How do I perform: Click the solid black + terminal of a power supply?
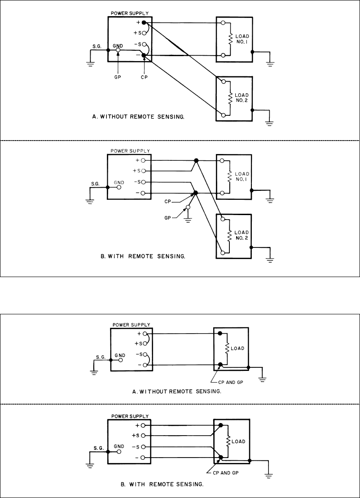(x=144, y=22)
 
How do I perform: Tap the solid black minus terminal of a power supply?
(x=144, y=55)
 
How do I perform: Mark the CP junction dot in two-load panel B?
(x=195, y=193)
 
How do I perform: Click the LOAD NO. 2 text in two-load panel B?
(x=241, y=234)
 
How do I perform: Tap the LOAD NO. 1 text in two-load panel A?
(x=241, y=39)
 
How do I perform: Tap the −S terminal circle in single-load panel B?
(x=143, y=447)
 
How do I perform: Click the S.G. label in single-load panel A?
(x=100, y=357)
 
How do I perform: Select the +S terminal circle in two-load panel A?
(x=144, y=33)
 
